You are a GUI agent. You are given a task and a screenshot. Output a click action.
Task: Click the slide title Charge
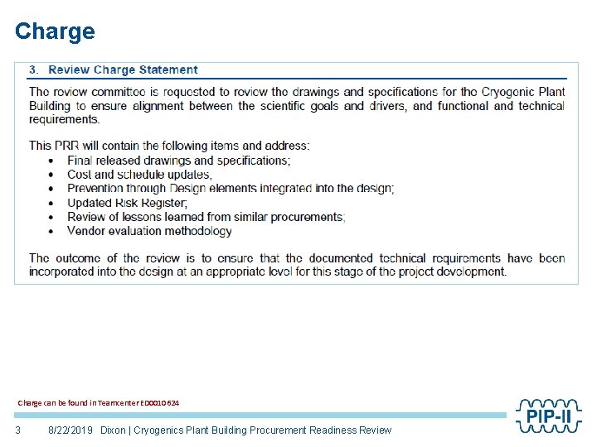[x=55, y=31]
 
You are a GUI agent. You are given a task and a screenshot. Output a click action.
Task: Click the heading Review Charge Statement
[x=123, y=70]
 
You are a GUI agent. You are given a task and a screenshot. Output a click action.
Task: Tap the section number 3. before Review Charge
[x=34, y=70]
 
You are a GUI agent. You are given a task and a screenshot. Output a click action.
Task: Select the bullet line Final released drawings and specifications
[x=178, y=161]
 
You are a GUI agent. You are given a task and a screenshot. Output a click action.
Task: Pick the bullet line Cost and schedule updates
[x=139, y=175]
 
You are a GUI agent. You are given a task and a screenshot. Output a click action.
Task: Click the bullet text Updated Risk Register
[x=127, y=203]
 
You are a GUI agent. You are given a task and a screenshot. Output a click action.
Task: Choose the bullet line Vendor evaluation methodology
[x=149, y=231]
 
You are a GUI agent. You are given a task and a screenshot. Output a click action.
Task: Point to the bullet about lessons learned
[x=206, y=217]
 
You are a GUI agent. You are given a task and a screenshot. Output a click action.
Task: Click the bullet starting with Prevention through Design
[x=231, y=189]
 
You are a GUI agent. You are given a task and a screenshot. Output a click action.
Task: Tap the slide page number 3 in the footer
[x=17, y=430]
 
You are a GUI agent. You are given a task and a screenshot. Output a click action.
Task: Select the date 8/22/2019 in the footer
[x=71, y=430]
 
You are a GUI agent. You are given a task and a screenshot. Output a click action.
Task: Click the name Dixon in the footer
[x=114, y=430]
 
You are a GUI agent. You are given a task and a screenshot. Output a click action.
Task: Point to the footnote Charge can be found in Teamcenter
[x=98, y=403]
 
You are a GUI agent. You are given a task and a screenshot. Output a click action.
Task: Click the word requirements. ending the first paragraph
[x=64, y=120]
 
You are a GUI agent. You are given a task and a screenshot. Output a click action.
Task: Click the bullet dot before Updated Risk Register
[x=51, y=203]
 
